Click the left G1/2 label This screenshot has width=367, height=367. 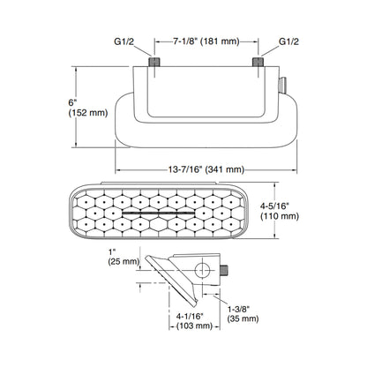coord(123,41)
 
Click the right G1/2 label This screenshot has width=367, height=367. coord(288,41)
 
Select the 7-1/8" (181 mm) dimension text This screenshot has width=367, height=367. coord(206,41)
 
